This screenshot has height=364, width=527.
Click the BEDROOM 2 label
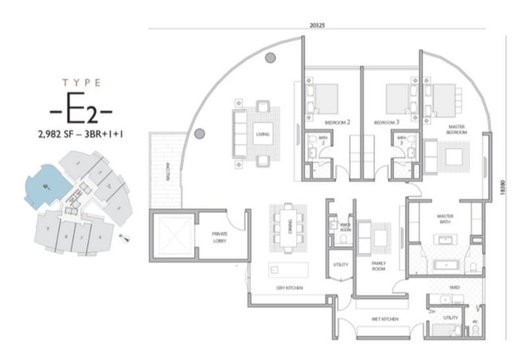[337, 123]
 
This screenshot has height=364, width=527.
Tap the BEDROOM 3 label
[387, 123]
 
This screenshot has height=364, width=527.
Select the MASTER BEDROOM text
[457, 129]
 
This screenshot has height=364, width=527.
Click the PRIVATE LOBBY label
[219, 236]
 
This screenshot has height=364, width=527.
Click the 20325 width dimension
[321, 24]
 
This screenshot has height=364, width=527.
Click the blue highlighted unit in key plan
[44, 184]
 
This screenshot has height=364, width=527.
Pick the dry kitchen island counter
[288, 270]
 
